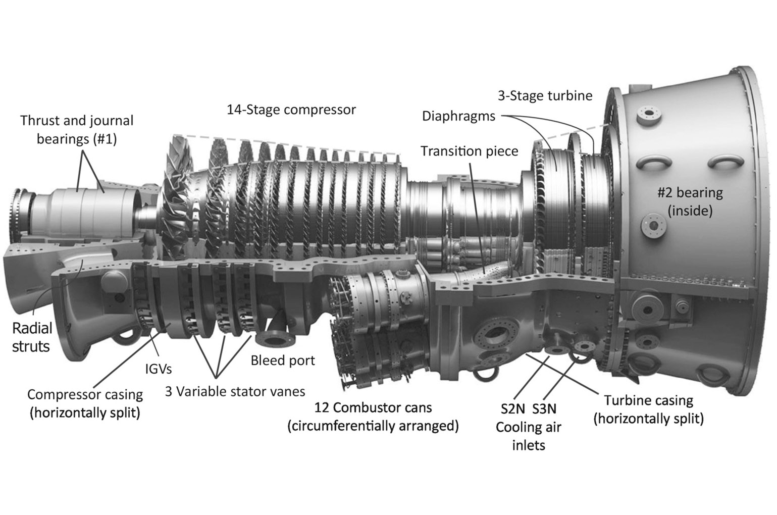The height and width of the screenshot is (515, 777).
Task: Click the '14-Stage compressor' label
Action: pos(291,110)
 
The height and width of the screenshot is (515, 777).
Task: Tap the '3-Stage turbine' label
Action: pos(545,95)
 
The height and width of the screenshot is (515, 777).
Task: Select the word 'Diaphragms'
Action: pos(458,117)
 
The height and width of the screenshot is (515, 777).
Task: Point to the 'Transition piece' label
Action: pos(469,151)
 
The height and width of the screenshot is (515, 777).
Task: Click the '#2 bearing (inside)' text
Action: pos(690,201)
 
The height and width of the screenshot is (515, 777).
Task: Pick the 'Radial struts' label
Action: pos(32,337)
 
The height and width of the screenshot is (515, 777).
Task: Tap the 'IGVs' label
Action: pos(155,369)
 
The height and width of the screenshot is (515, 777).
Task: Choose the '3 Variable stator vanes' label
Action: pos(235,391)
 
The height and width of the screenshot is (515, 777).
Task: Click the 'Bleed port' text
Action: pos(283,360)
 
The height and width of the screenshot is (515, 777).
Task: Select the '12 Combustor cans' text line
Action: pos(373,407)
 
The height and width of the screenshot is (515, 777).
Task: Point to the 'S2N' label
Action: pos(512,408)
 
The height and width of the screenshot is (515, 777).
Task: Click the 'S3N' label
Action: pos(544,408)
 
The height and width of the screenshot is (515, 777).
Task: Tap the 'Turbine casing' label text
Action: pos(648,400)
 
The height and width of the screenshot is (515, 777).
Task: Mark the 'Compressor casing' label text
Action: pos(85,394)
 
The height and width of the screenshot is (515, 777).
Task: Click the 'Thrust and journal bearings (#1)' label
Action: pos(77,129)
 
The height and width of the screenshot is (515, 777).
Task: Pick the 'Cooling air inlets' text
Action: pos(528,436)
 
